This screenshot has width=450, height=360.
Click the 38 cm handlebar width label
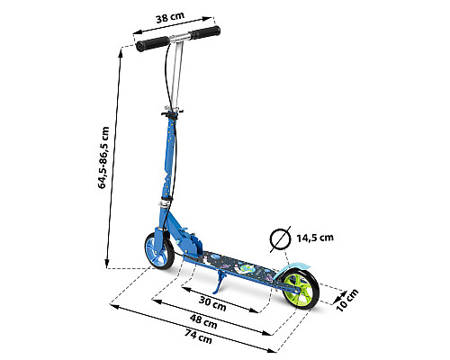(x=170, y=18)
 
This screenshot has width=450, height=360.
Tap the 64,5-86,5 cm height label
(x=103, y=157)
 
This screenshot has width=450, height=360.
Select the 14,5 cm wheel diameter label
(x=315, y=238)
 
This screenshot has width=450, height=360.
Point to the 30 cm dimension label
(x=212, y=303)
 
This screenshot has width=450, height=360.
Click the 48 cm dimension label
(x=203, y=321)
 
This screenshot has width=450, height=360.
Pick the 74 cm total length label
(x=198, y=337)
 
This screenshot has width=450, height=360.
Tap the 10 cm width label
(x=347, y=301)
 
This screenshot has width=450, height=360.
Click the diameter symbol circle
(x=281, y=239)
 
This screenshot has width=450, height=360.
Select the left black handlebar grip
(x=152, y=44)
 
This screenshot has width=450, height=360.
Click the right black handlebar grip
(x=205, y=32)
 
